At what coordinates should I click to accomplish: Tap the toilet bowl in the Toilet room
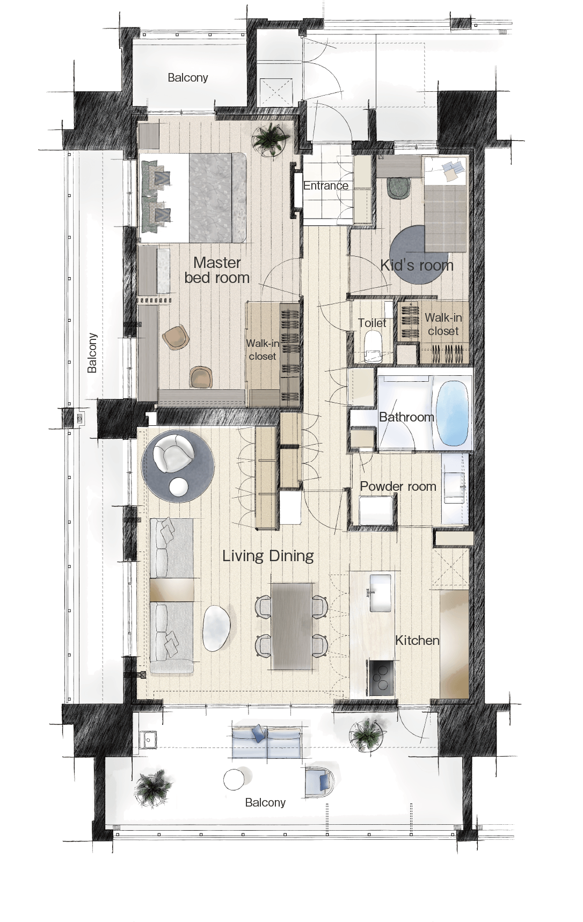pos(372,344)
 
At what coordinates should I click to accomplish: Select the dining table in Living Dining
pos(291,626)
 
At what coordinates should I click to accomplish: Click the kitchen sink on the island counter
pos(381,593)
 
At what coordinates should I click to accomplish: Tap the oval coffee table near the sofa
pos(217,628)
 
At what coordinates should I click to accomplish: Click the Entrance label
pos(325,186)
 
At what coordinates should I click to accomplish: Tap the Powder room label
pos(398,487)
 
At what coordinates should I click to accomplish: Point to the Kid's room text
pos(417,265)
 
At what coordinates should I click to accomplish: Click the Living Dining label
pos(268,556)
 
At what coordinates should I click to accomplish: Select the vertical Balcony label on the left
pos(92,353)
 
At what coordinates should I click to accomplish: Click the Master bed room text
pos(217,270)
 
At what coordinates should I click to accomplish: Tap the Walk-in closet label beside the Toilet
pos(443,324)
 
